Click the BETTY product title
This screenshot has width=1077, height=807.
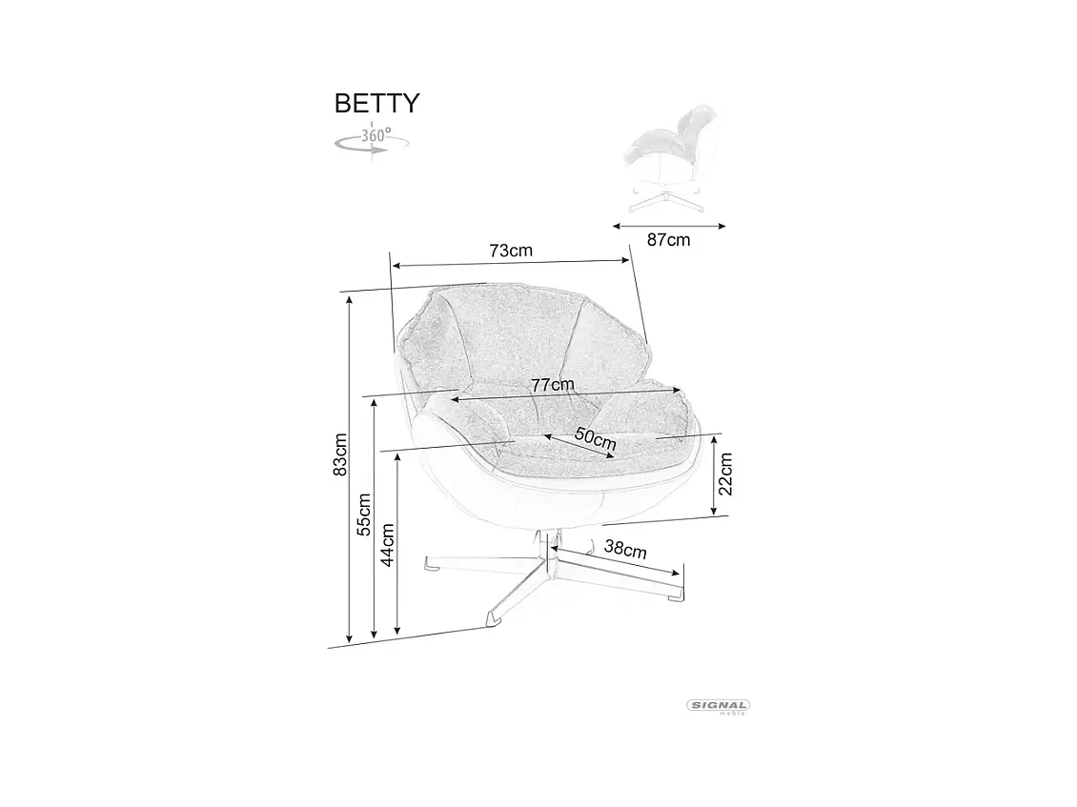[x=376, y=103]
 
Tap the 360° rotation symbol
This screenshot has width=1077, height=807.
[x=373, y=139]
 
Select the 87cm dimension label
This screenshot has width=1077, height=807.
[x=668, y=240]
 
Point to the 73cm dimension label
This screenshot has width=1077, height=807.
[x=511, y=251]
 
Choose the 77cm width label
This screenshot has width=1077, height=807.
[x=553, y=384]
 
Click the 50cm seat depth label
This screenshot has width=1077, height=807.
[x=596, y=439]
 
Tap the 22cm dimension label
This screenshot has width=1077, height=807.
[x=725, y=474]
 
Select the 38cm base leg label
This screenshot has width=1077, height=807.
[x=626, y=549]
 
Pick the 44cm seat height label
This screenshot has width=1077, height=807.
[x=388, y=544]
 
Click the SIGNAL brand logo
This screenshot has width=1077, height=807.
[x=719, y=706]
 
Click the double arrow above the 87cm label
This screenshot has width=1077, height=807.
[x=669, y=226]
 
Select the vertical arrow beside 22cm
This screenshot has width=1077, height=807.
[x=715, y=475]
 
